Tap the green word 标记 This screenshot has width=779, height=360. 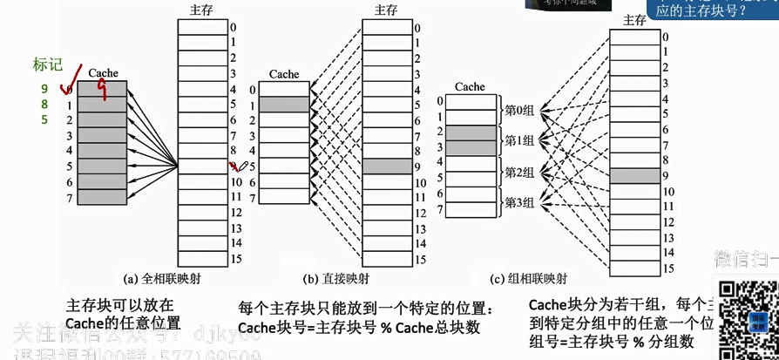[47, 64]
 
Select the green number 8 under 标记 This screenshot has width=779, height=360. [44, 105]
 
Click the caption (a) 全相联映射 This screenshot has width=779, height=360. [162, 279]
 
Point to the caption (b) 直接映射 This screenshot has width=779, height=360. [335, 279]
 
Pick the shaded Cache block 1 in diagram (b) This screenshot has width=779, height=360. [284, 105]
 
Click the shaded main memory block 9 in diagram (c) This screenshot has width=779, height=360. [633, 176]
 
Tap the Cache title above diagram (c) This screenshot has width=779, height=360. [470, 86]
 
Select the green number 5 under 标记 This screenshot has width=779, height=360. [44, 120]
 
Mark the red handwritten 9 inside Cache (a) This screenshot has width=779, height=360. [103, 87]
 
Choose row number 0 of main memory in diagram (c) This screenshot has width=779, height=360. [666, 37]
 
